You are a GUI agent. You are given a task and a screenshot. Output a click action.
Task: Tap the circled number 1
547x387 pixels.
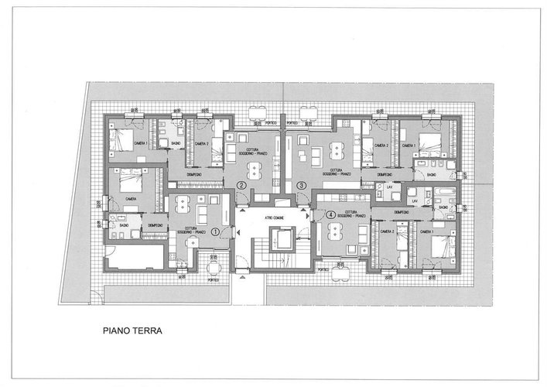click(225, 230)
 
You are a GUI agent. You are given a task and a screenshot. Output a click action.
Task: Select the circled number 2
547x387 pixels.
click(242, 186)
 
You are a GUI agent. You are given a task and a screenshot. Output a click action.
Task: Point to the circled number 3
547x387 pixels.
click(302, 186)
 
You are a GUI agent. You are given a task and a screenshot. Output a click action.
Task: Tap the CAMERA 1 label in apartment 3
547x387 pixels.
click(409, 145)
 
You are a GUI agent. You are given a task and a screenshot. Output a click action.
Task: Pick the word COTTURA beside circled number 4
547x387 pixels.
click(350, 211)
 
